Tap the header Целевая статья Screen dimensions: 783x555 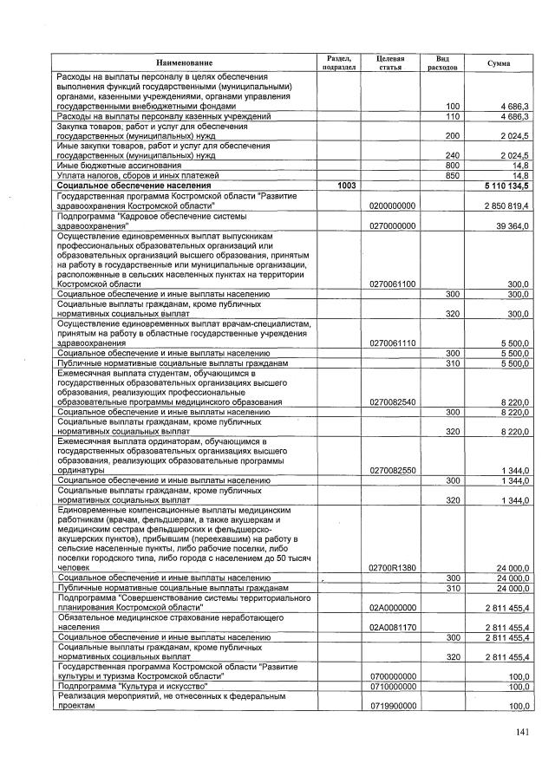[x=391, y=61]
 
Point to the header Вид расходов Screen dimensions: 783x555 [x=442, y=61]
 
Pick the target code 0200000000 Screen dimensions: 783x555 [x=393, y=205]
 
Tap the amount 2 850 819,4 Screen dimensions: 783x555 [x=507, y=205]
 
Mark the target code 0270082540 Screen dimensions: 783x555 [x=393, y=402]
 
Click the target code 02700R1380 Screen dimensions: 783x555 [x=393, y=567]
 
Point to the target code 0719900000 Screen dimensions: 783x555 [x=393, y=706]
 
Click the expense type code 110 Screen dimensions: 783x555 [x=452, y=115]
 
